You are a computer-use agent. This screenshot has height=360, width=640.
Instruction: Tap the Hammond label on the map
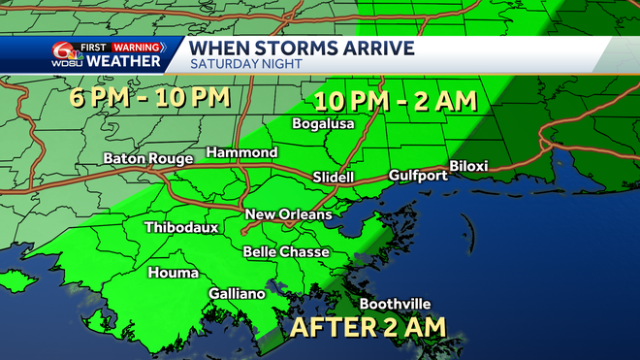point(241,153)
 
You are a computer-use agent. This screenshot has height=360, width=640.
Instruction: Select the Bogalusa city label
point(324,124)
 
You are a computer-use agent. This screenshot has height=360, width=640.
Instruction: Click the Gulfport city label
point(417,176)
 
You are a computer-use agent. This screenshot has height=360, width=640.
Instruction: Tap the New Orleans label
point(288,214)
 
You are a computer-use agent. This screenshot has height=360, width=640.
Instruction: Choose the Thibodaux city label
point(180,228)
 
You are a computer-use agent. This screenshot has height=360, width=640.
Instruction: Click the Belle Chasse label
point(286,252)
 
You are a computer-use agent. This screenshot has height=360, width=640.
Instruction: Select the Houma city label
point(174,273)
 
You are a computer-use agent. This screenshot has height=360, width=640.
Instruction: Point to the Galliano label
point(237,294)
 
